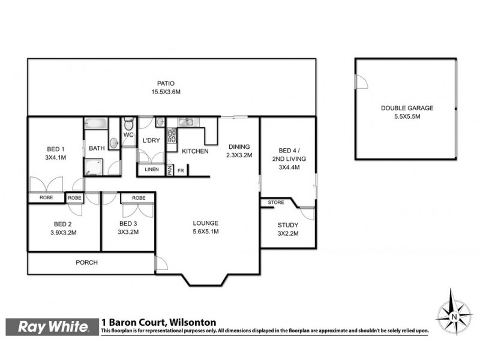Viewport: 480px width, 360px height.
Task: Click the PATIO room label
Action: click(166, 83)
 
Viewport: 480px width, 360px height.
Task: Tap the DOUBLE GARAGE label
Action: click(407, 109)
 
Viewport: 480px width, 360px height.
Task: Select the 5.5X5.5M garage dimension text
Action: click(407, 117)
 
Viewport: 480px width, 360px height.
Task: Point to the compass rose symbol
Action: click(454, 313)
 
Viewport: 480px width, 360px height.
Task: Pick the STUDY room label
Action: click(288, 225)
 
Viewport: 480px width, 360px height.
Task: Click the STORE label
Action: click(275, 203)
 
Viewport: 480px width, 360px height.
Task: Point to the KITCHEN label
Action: click(195, 151)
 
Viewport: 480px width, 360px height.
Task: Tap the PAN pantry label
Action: click(170, 171)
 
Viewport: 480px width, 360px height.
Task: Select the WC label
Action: click(128, 136)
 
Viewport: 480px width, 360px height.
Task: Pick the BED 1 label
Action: click(55, 149)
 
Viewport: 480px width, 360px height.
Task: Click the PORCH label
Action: click(86, 262)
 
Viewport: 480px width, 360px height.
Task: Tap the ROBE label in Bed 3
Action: click(139, 197)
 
